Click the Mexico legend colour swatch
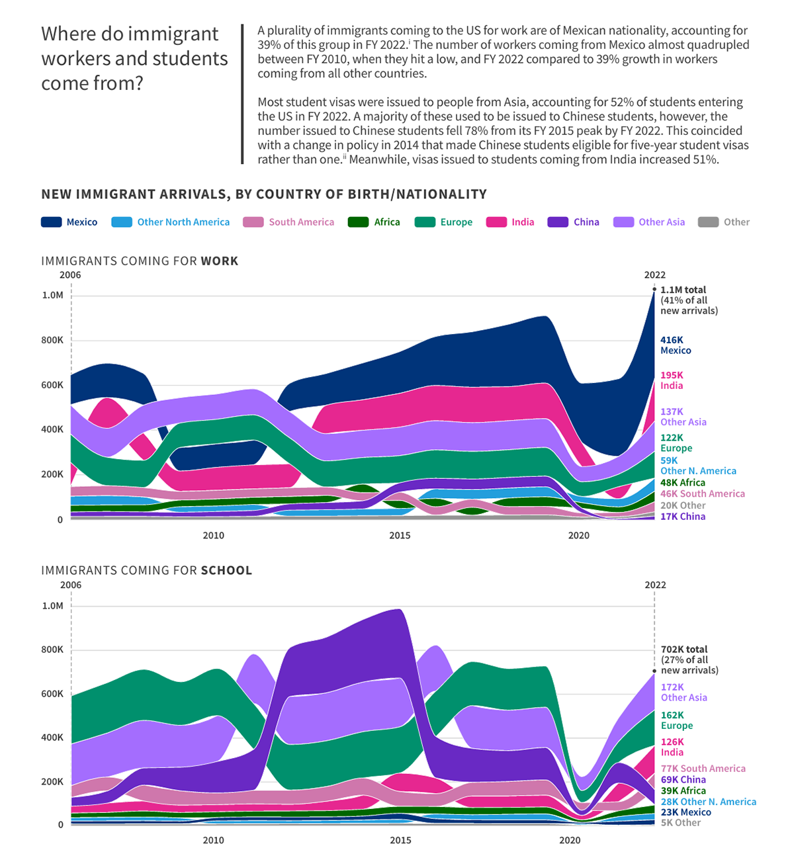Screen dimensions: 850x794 52,222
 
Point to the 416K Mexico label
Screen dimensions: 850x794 676,345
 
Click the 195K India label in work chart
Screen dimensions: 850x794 672,380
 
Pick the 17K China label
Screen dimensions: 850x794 683,517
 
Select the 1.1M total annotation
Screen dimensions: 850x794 688,300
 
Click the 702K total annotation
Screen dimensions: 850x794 689,659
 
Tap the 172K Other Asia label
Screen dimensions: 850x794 684,693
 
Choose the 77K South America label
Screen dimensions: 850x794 703,769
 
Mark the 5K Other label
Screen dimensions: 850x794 681,823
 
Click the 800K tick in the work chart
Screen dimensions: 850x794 53,341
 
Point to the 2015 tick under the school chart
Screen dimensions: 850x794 400,840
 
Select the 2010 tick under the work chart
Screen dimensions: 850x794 213,535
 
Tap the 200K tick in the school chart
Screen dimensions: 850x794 53,782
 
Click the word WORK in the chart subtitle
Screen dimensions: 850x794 220,261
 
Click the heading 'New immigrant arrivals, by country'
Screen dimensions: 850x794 264,194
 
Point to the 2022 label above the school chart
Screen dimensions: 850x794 655,585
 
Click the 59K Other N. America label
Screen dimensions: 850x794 698,466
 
